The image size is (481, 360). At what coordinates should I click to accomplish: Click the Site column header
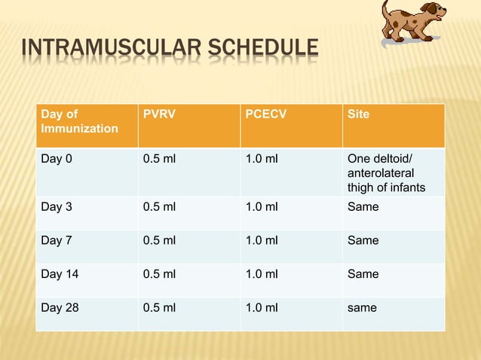click(357, 114)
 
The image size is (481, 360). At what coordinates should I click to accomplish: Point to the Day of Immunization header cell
click(79, 121)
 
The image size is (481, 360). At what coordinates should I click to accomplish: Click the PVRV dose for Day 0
click(159, 159)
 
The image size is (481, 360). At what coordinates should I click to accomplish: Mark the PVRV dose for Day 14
click(159, 274)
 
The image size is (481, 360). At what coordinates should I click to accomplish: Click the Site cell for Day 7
click(363, 240)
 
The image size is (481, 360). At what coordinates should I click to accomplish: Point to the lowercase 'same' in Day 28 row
click(362, 307)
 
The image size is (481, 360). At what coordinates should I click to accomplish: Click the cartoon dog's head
click(430, 13)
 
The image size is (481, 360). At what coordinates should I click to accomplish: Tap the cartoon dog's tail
click(386, 9)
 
